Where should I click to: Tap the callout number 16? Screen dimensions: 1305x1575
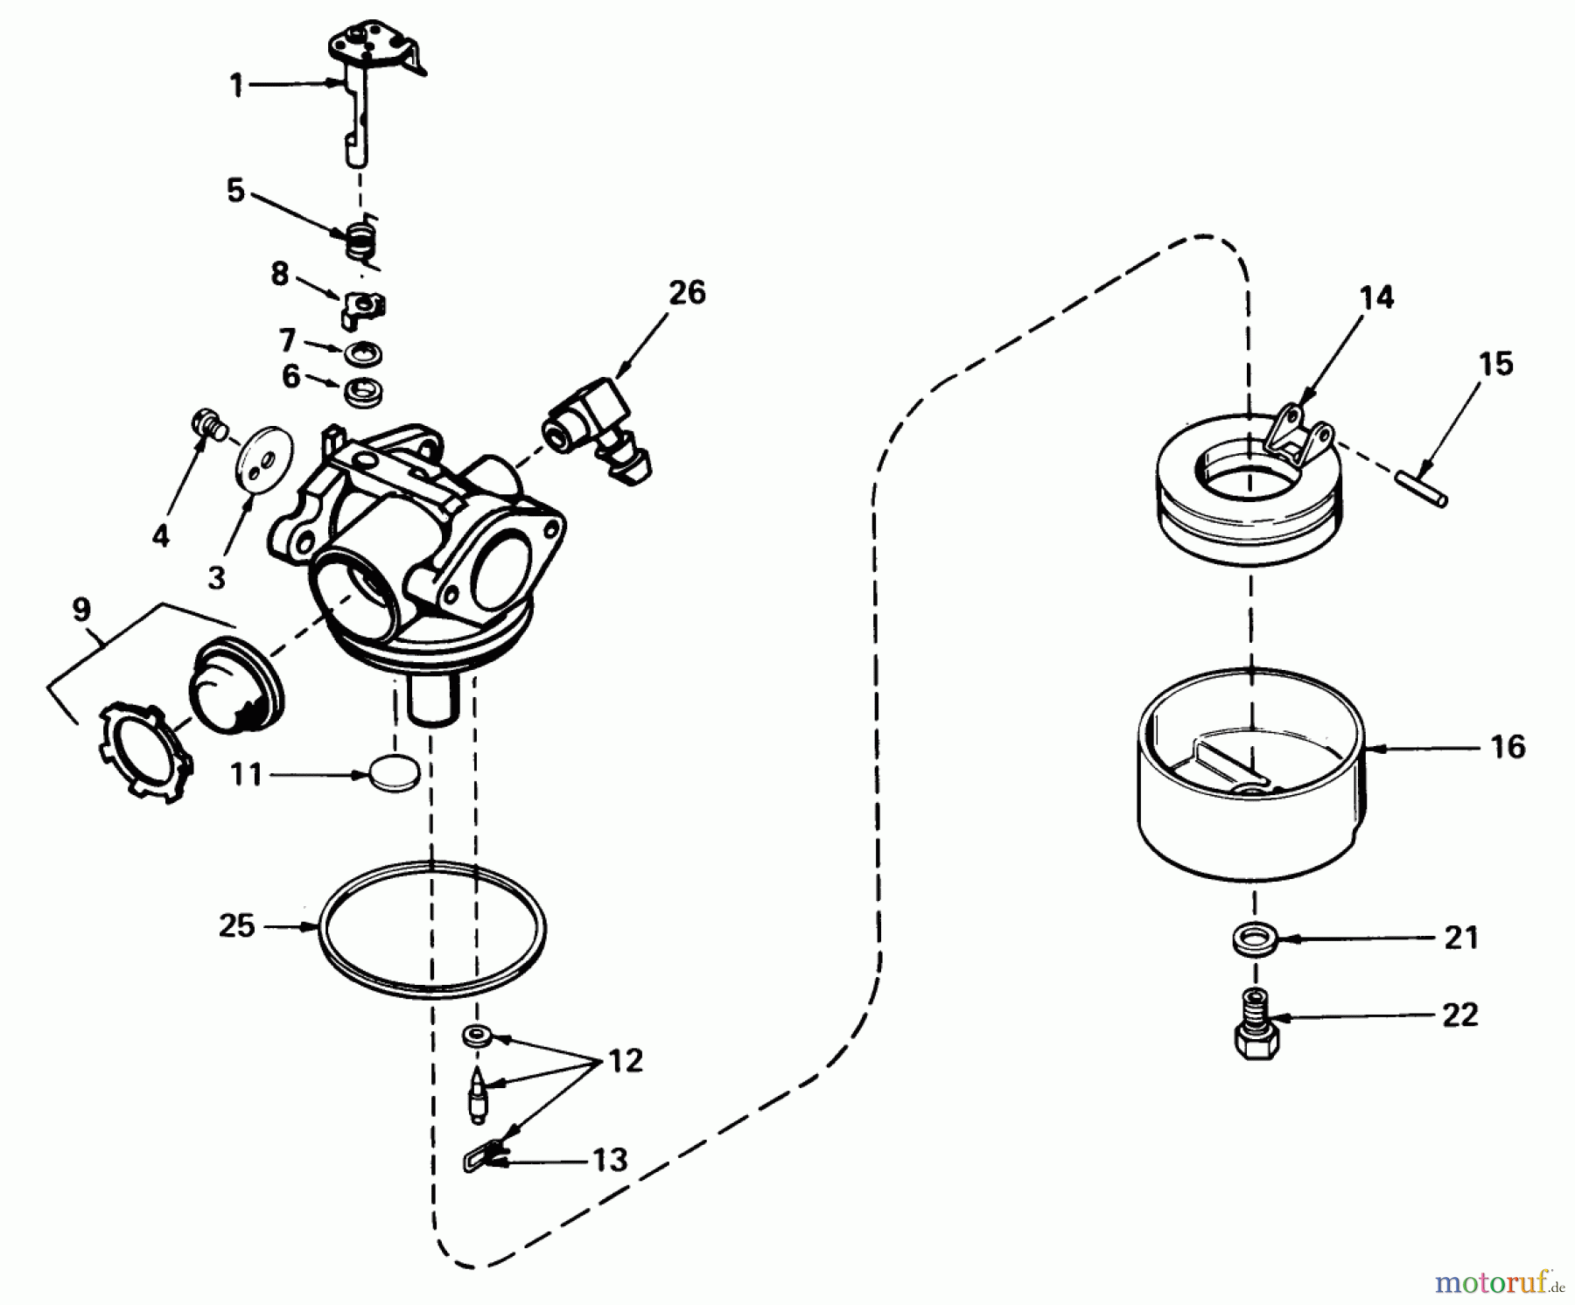[x=1507, y=747]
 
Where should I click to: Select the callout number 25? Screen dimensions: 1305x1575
[x=236, y=925]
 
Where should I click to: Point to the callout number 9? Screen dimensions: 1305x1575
[x=81, y=610]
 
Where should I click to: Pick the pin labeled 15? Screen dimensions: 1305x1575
[x=1422, y=487]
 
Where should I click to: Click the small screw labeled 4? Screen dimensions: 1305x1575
[x=206, y=422]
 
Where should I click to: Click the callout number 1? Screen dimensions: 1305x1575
[x=236, y=86]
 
